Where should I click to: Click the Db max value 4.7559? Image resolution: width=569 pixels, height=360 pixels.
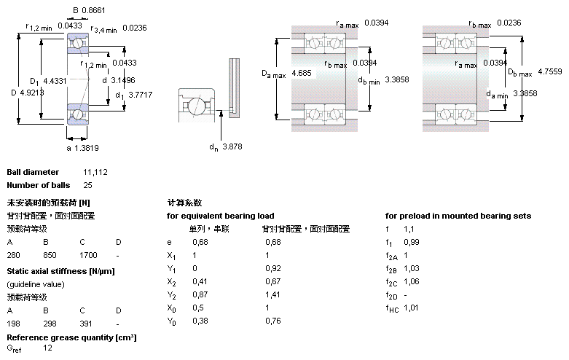550,71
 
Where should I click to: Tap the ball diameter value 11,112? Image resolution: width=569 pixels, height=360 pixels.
95,172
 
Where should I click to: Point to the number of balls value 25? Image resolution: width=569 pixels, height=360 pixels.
87,185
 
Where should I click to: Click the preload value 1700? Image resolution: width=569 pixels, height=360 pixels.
88,256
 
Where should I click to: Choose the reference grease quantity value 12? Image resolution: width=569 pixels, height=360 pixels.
47,349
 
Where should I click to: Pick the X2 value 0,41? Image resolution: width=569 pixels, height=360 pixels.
199,282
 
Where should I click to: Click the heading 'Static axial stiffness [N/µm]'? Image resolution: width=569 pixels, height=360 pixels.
60,271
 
